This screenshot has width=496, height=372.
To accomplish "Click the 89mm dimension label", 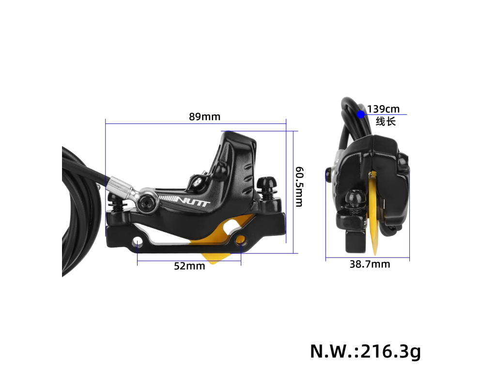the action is [x=204, y=117].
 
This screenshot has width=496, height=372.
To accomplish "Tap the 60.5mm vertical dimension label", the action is [x=299, y=186].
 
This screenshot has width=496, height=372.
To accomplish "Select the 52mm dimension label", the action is [x=189, y=266].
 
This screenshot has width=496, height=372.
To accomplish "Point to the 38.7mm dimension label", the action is [x=370, y=264].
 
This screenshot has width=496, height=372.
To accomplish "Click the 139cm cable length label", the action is [x=384, y=109].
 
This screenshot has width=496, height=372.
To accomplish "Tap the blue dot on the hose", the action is [x=361, y=114].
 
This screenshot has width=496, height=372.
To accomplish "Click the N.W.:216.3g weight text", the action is [x=365, y=351].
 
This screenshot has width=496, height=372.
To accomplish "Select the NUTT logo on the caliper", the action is [x=192, y=201].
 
